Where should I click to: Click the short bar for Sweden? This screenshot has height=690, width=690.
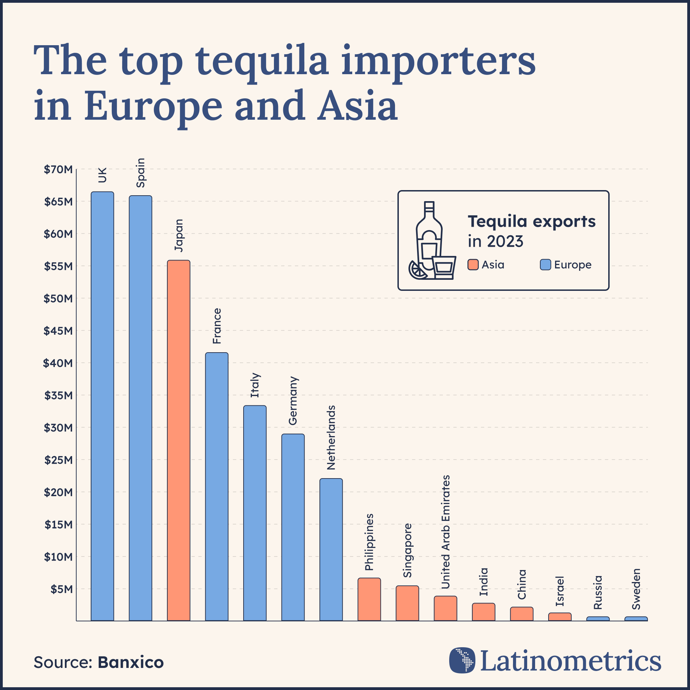[636, 619]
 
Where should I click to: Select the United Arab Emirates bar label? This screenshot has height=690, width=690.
[445, 532]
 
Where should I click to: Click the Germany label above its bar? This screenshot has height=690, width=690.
[293, 401]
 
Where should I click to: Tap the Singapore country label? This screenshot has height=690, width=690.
[407, 550]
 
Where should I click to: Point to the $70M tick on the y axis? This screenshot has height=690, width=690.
[58, 170]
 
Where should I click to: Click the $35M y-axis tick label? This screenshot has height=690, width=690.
[58, 395]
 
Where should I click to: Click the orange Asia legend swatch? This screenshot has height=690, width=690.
[473, 265]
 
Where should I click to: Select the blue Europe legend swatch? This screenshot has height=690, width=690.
[545, 265]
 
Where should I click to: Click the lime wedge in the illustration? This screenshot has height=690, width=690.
[417, 270]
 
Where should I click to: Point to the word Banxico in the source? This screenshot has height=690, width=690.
[131, 662]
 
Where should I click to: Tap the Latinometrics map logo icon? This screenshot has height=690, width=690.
[462, 660]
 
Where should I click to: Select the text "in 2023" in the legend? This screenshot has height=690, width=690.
[495, 241]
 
